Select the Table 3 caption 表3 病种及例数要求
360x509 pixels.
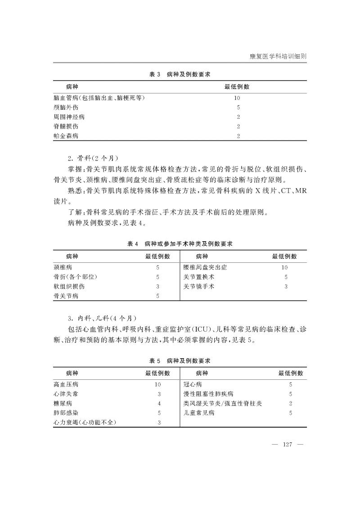pyautogui.click(x=180, y=74)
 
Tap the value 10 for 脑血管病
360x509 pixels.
pyautogui.click(x=237, y=98)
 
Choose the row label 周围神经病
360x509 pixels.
pyautogui.click(x=69, y=117)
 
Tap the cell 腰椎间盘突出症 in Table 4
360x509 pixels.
pyautogui.click(x=205, y=267)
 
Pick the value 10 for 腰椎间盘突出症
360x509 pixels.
pyautogui.click(x=284, y=267)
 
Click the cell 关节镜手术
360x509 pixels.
pyautogui.click(x=199, y=286)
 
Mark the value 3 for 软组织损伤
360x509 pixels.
pyautogui.click(x=157, y=286)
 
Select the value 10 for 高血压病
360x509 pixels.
pyautogui.click(x=157, y=384)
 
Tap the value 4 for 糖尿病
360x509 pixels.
pyautogui.click(x=159, y=403)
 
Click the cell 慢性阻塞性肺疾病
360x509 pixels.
pyautogui.click(x=208, y=394)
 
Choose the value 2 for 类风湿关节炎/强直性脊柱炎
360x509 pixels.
pyautogui.click(x=291, y=403)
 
